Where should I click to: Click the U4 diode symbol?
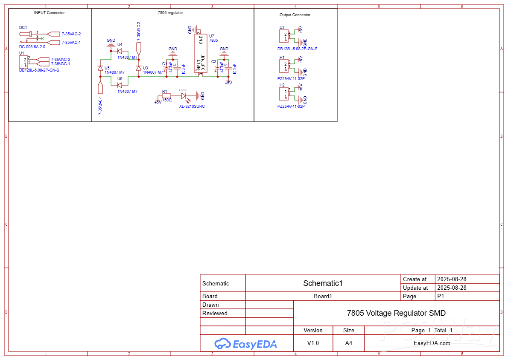tap(120, 51)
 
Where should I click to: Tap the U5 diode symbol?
tap(100, 68)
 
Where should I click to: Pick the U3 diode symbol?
tap(138, 68)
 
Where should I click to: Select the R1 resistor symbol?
tap(166, 96)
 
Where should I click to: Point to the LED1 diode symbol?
tap(184, 96)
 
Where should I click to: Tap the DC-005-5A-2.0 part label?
tap(32, 47)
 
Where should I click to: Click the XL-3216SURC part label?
tap(192, 107)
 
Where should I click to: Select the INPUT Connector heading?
tap(50, 13)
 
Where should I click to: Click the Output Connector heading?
tap(295, 15)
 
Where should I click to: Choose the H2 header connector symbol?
tap(283, 94)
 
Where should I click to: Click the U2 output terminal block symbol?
tap(283, 37)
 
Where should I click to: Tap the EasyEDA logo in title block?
tap(245, 343)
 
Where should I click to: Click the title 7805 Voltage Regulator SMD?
tap(396, 313)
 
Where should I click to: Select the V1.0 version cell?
tap(313, 343)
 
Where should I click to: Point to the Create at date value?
tap(451, 279)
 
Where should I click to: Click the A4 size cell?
tap(349, 343)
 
